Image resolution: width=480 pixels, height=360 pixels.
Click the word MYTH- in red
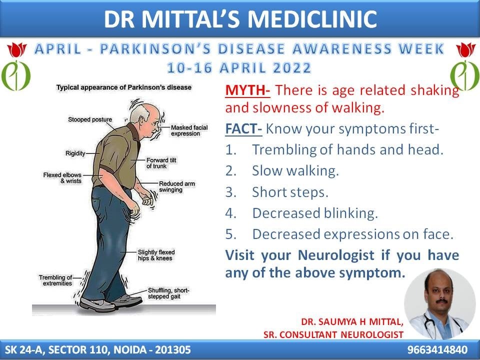[247, 90]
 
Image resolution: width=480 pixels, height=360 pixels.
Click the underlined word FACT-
[243, 129]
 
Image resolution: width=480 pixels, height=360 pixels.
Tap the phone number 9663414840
[437, 349]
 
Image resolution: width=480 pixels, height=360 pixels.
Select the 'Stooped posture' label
[90, 119]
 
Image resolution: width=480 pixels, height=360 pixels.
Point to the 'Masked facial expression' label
[189, 130]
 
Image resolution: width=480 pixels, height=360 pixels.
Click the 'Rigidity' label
[75, 153]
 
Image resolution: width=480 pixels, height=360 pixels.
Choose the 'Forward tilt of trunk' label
[161, 163]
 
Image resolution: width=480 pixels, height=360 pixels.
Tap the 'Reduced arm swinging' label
[176, 186]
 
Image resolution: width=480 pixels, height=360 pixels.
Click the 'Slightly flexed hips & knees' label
[156, 255]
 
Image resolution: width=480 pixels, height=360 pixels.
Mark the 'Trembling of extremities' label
[55, 280]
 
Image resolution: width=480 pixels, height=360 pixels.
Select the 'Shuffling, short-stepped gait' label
[168, 293]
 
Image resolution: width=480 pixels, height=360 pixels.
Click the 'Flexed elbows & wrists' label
[62, 178]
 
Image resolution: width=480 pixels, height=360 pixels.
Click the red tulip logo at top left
[17, 49]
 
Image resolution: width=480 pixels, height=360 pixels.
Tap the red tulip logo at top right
[465, 50]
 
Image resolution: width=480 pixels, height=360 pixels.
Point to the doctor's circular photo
[439, 304]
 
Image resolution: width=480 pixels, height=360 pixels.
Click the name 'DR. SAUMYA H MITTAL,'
[352, 321]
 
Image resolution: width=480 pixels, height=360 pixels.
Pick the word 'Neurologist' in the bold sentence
[336, 255]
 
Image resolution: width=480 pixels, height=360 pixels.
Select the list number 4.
[230, 213]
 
